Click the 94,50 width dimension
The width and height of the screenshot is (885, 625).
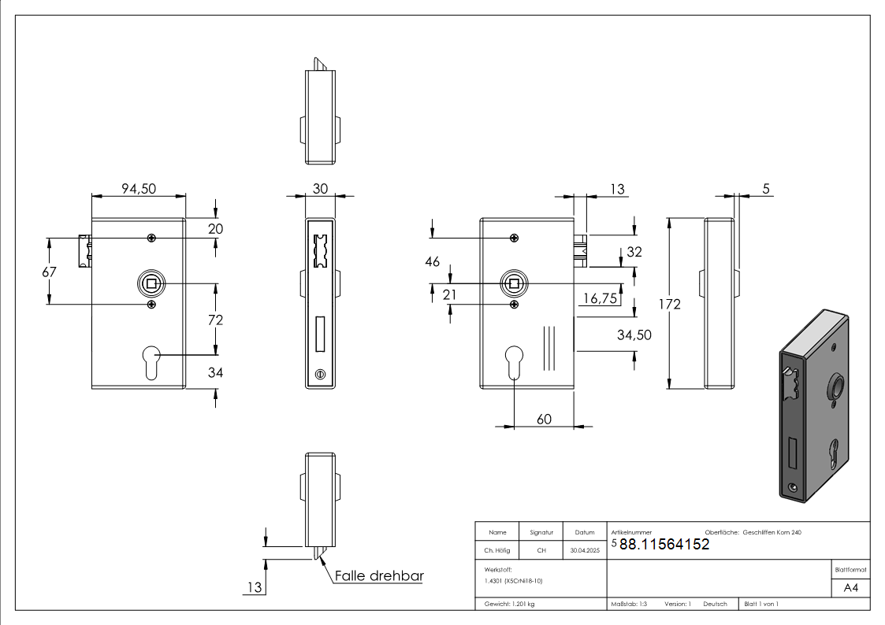pyautogui.click(x=139, y=189)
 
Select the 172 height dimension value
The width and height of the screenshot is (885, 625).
pyautogui.click(x=669, y=305)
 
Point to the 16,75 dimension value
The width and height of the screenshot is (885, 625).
pyautogui.click(x=600, y=298)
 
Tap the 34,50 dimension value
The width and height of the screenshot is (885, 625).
pyautogui.click(x=634, y=335)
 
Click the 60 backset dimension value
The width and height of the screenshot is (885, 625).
pyautogui.click(x=544, y=420)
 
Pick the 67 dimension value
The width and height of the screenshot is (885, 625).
pyautogui.click(x=49, y=272)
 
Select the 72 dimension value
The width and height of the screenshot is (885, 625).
pyautogui.click(x=216, y=320)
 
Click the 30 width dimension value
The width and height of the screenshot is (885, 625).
pyautogui.click(x=320, y=189)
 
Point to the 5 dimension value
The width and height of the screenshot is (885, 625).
pyautogui.click(x=766, y=189)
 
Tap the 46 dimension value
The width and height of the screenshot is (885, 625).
pyautogui.click(x=433, y=261)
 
